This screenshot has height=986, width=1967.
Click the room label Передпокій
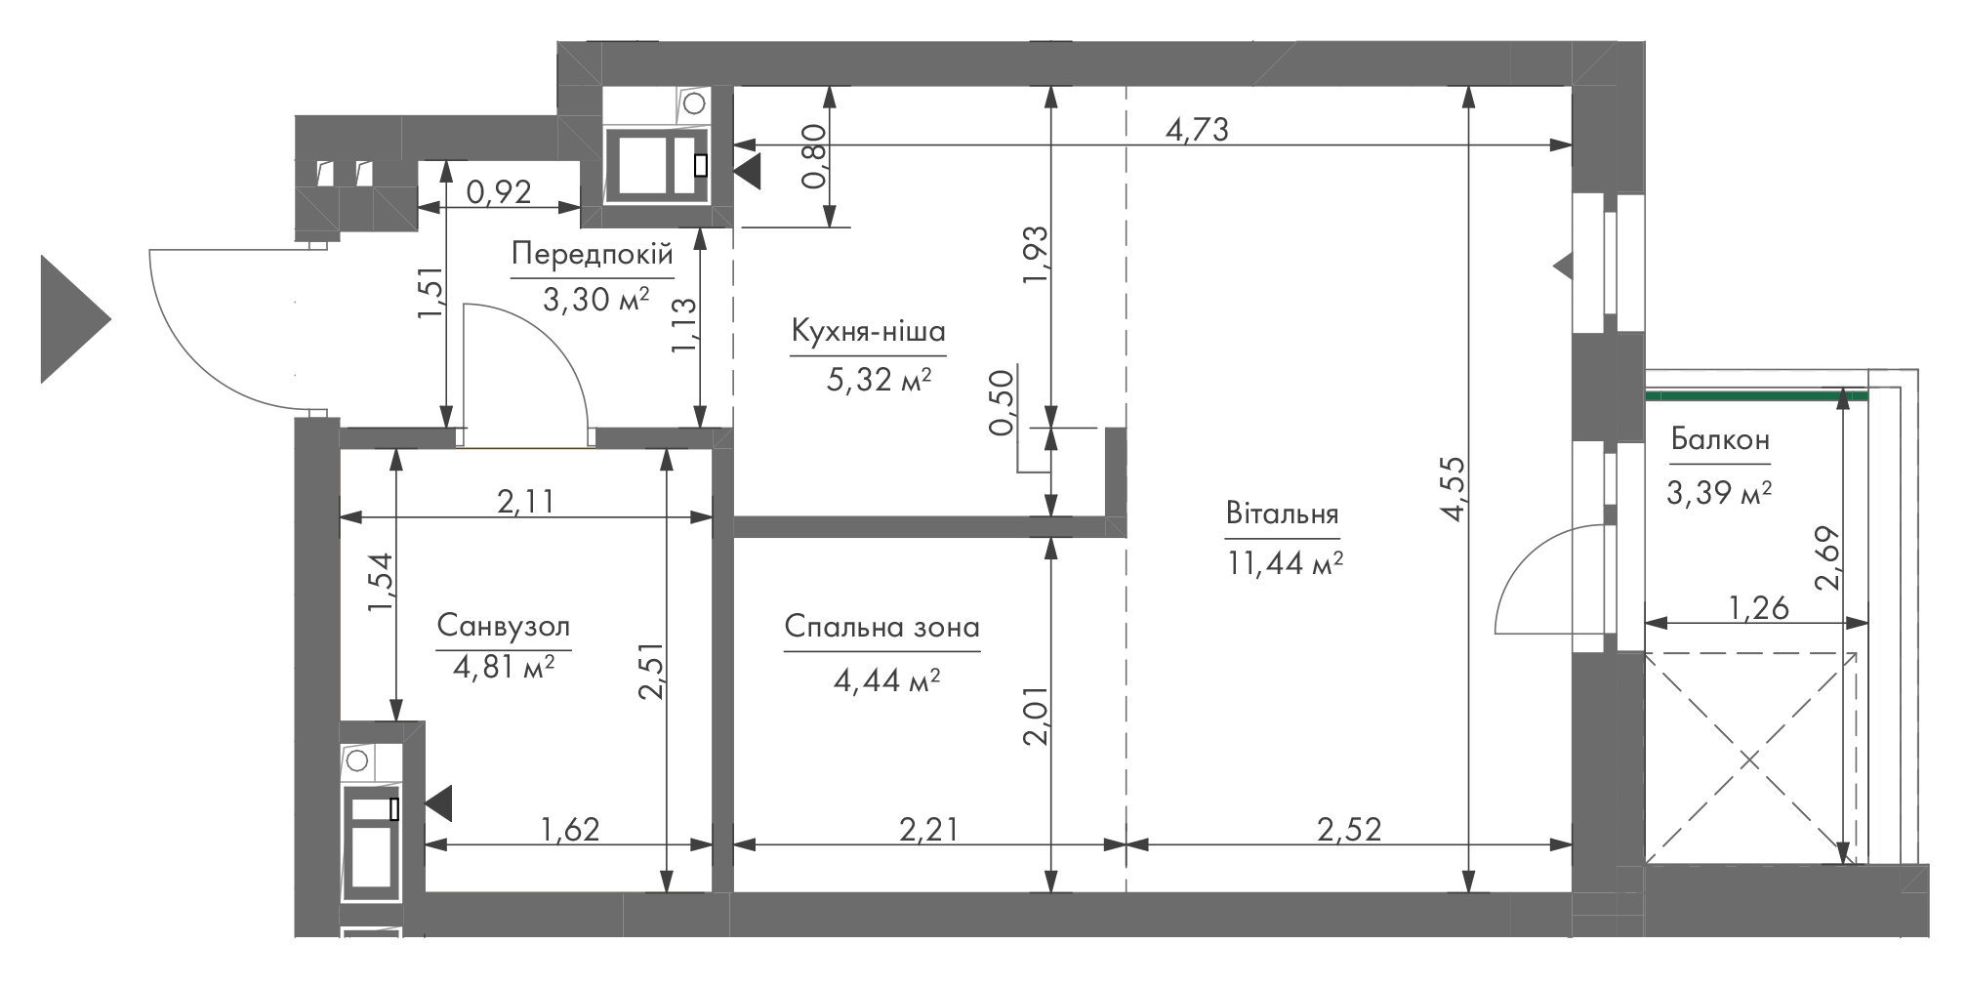592,256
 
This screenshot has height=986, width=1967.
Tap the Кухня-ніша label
868,332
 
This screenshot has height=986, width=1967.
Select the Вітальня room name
1282,514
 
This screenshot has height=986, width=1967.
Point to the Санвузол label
503,625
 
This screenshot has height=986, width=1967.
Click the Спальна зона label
881,627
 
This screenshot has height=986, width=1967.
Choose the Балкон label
1720,440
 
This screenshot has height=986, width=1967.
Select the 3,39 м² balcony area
1719,494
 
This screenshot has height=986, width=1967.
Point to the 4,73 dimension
1197,129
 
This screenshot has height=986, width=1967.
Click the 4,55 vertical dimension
1453,489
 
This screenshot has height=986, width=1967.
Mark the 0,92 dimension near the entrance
499,191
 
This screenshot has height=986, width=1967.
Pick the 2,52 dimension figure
1349,829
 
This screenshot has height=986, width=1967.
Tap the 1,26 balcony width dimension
1759,608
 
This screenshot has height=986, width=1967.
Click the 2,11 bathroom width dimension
526,501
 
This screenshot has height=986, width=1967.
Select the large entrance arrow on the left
75,318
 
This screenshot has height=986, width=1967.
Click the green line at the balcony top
1756,395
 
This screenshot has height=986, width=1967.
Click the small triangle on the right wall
1563,266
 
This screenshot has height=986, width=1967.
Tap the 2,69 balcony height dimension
1827,559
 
